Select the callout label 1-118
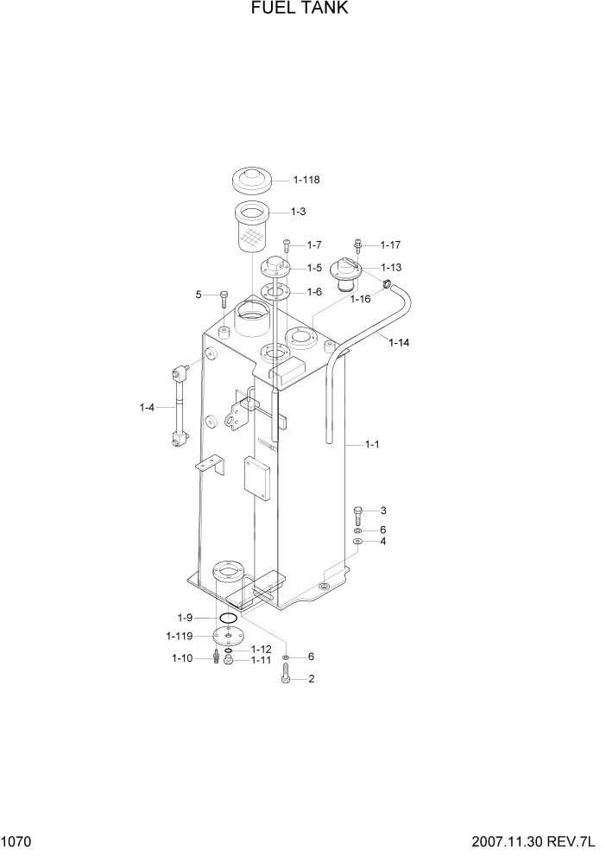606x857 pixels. tap(306, 181)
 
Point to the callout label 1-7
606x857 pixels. tap(313, 245)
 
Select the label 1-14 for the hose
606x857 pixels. tap(399, 343)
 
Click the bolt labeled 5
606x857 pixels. tap(222, 298)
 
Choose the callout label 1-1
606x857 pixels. tap(372, 444)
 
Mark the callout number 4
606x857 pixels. tap(383, 542)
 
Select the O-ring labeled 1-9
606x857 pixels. tap(228, 619)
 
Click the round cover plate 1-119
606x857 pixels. tap(228, 637)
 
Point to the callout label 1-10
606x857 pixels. tap(182, 659)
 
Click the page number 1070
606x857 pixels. tap(18, 841)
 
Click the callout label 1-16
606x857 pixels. tap(360, 299)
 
